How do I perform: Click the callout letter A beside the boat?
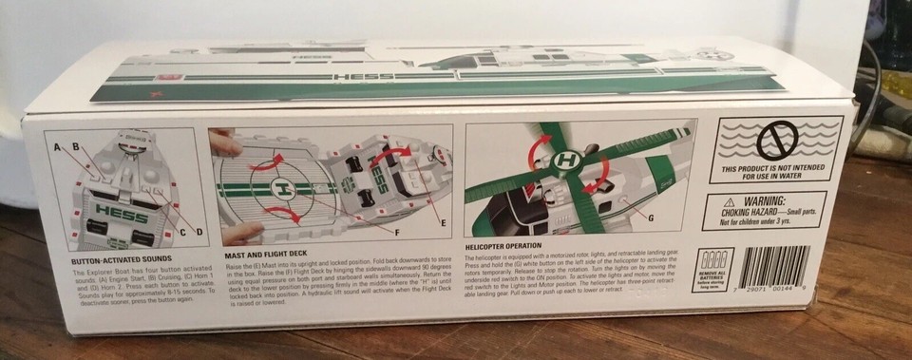(x=57, y=146)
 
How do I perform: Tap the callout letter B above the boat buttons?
(x=74, y=147)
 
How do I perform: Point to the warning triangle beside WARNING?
(x=729, y=202)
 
